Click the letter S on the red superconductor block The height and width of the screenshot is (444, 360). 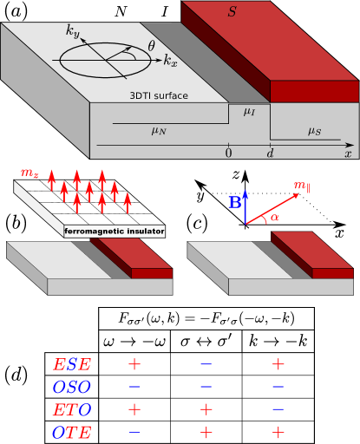(232, 12)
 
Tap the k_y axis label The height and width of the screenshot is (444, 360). (74, 32)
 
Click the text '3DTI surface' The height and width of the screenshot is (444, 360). (159, 95)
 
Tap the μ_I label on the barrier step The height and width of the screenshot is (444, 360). (249, 112)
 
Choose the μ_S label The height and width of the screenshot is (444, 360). (314, 131)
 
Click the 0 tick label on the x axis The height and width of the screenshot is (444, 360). (228, 153)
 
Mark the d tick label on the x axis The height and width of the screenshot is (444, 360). (270, 153)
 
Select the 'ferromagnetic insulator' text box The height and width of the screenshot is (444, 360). (115, 232)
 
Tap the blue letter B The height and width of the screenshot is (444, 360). (234, 203)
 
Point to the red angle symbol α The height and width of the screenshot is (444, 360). (275, 217)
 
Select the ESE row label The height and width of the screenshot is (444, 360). (72, 365)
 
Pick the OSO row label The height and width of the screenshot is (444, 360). (72, 387)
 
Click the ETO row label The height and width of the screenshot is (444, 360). (72, 409)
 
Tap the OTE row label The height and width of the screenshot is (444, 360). (72, 432)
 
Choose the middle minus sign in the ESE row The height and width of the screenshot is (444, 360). (206, 365)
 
